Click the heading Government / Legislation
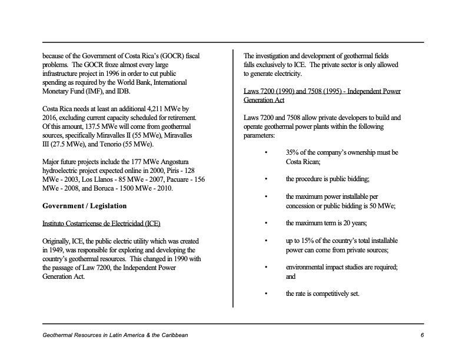point(84,206)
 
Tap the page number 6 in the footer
point(422,335)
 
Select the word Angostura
point(174,162)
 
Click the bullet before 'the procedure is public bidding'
point(267,179)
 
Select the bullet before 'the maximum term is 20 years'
point(267,224)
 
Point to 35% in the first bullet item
point(294,153)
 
